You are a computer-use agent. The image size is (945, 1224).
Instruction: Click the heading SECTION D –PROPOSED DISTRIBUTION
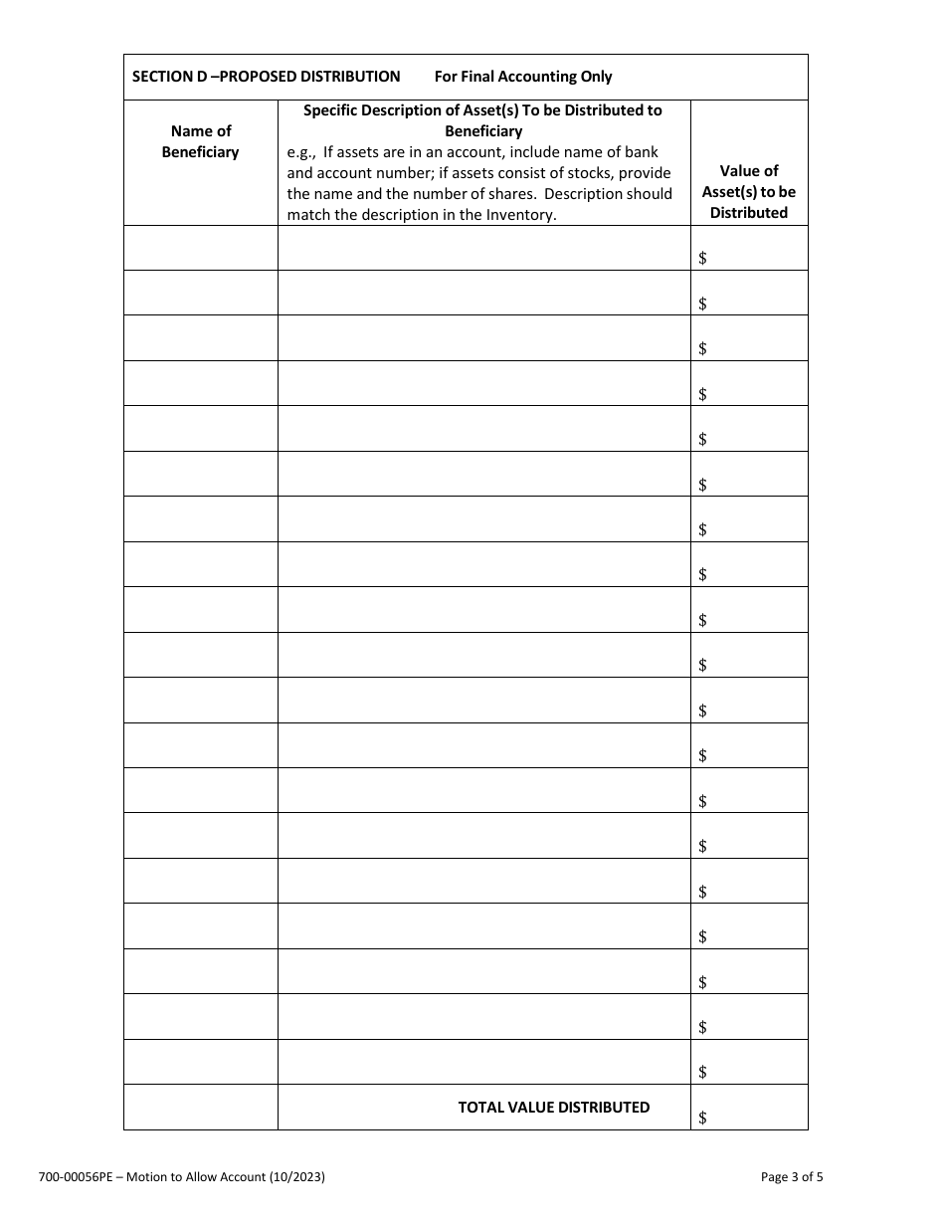[x=266, y=77]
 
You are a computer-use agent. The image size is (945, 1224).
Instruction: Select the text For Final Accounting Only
[x=523, y=77]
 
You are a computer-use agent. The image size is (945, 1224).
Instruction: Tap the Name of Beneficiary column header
[x=201, y=141]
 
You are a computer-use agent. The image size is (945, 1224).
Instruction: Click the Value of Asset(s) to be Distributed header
[x=748, y=192]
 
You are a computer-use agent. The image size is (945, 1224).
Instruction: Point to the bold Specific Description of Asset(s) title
[x=482, y=120]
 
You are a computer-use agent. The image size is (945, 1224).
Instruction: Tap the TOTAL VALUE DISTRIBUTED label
[x=553, y=1107]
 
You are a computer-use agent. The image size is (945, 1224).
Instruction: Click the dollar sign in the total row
[x=702, y=1118]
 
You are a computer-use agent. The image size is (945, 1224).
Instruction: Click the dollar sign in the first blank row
[x=702, y=258]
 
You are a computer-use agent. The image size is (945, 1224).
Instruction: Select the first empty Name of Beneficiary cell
[x=201, y=248]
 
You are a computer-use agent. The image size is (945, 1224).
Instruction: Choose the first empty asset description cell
[x=483, y=248]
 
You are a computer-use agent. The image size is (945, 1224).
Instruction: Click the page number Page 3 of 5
[x=791, y=1177]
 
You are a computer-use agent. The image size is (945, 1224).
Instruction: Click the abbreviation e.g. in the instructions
[x=300, y=152]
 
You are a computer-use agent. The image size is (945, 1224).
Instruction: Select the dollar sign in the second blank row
[x=702, y=304]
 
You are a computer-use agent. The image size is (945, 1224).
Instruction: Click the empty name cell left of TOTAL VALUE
[x=201, y=1107]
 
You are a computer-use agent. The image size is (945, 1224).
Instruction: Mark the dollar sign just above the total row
[x=702, y=1072]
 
